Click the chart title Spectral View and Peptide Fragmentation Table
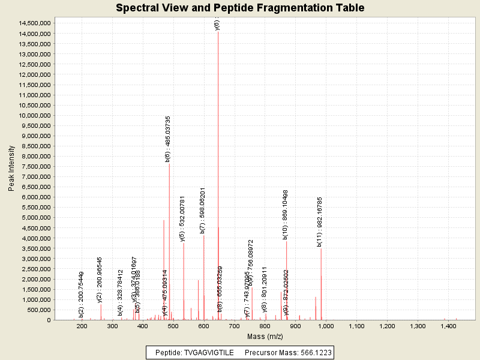[240, 8]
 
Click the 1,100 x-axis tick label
[356, 326]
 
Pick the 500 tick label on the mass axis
[173, 326]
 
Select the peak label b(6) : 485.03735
[168, 139]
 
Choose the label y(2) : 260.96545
[100, 280]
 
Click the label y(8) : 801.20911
[264, 289]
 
